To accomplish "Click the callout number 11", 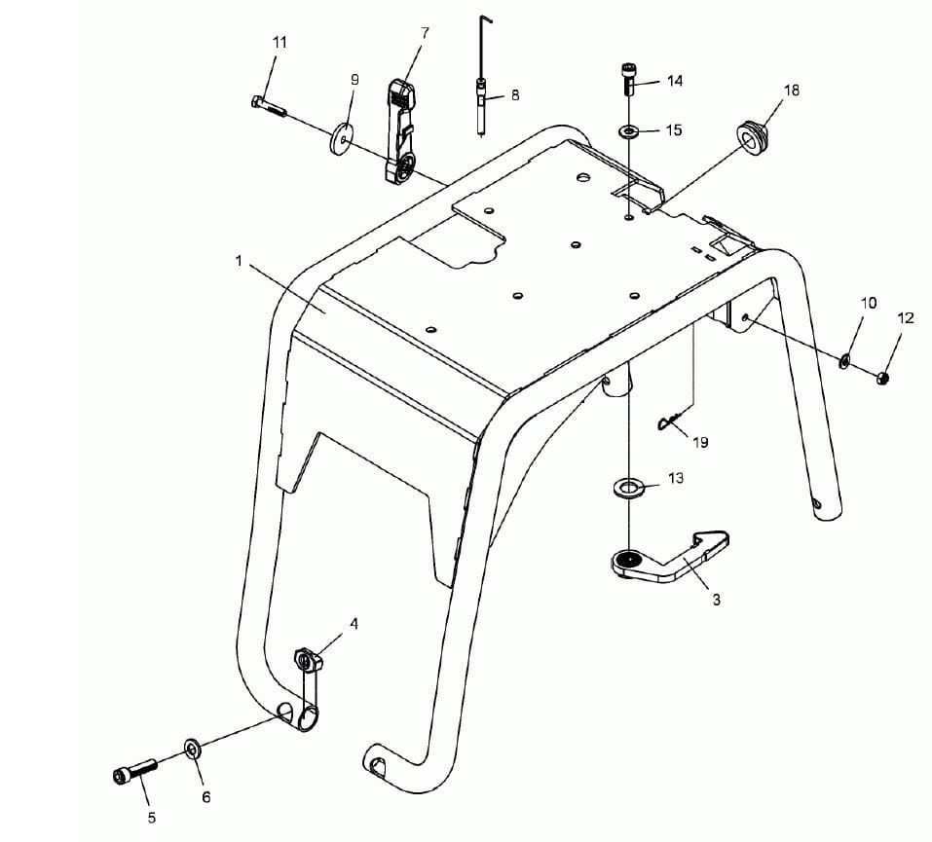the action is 280,42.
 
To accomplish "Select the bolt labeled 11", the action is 269,106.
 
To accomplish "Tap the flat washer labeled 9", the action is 341,139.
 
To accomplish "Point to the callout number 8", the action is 515,95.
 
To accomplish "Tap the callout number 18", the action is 792,91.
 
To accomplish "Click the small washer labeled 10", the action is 843,360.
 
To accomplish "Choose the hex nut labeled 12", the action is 882,378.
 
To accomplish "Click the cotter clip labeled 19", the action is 669,421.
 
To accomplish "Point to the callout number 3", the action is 716,601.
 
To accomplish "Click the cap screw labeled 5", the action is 135,771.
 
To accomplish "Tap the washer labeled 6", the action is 192,749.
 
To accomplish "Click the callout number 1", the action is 239,261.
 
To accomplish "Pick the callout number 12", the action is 906,318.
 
